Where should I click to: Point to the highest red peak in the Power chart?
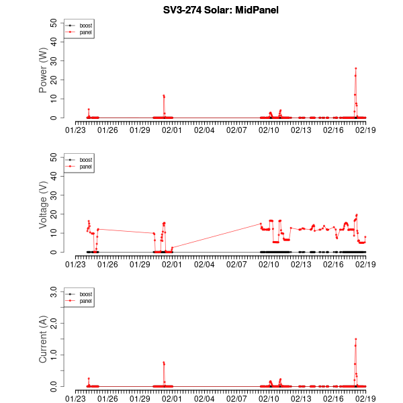click(x=356, y=69)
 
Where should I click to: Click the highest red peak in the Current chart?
click(x=356, y=339)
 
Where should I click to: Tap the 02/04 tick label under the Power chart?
click(x=204, y=129)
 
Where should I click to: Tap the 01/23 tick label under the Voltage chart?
click(x=75, y=263)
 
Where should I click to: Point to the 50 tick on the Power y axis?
click(x=54, y=22)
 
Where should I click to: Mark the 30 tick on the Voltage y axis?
click(x=54, y=195)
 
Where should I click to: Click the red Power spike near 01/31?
click(x=163, y=95)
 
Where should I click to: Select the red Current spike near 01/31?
click(x=163, y=363)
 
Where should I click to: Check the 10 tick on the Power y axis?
click(x=54, y=99)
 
